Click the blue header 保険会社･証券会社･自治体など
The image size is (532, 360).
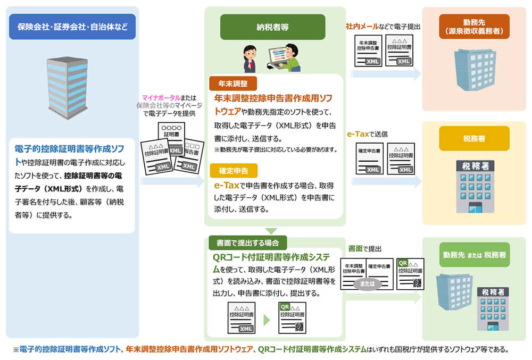click(72, 27)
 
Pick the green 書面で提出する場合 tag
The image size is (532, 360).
click(248, 242)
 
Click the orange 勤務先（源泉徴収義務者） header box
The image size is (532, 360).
click(474, 27)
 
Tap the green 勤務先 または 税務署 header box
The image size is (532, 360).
click(474, 255)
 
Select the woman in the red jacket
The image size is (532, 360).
click(250, 59)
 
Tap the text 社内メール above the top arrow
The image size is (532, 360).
click(360, 25)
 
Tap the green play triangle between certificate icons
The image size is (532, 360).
click(266, 319)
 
